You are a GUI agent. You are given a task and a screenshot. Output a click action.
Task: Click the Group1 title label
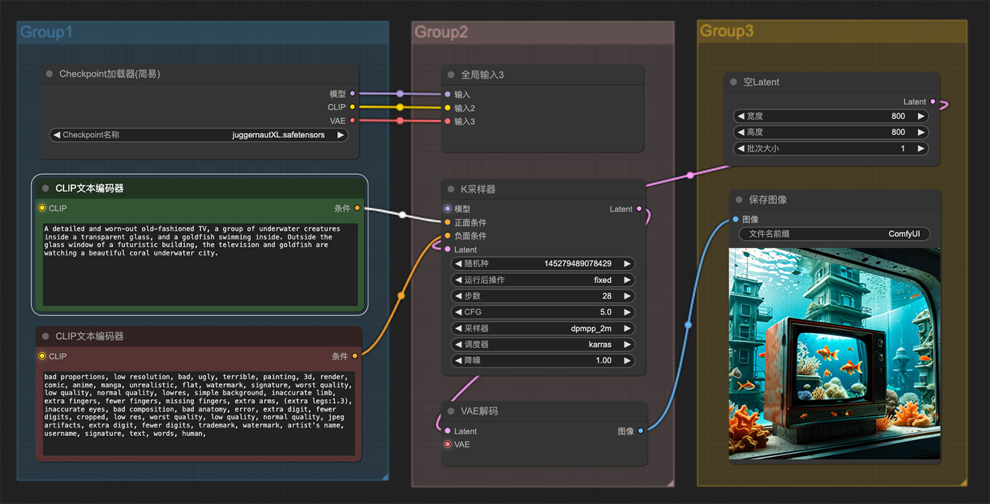46,32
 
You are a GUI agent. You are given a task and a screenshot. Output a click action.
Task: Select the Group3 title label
727,31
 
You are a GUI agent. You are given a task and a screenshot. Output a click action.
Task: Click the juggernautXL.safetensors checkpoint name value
279,135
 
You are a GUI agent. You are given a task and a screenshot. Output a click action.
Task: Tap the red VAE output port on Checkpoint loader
352,120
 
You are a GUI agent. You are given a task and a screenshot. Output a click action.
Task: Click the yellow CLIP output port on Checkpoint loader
352,107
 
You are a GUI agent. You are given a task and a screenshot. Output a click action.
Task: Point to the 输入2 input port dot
447,108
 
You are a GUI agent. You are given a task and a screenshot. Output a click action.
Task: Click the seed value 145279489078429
577,264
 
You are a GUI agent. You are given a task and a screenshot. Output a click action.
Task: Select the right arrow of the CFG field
627,312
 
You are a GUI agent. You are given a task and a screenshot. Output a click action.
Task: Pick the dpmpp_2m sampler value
591,329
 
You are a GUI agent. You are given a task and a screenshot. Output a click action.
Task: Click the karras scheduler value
600,344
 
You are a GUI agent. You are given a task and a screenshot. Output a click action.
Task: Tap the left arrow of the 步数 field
458,296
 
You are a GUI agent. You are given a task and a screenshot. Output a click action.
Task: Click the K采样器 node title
478,189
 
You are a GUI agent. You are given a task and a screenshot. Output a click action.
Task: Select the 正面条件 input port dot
447,222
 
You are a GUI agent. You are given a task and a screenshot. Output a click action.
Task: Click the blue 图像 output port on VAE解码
640,431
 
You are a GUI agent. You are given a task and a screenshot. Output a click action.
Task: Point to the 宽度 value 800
898,116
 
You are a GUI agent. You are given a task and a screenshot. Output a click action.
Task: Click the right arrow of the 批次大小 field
921,148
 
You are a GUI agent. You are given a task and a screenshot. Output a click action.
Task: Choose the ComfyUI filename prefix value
904,234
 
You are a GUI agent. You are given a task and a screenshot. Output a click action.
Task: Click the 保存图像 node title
768,200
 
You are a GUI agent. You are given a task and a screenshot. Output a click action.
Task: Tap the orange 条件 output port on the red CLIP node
355,356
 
